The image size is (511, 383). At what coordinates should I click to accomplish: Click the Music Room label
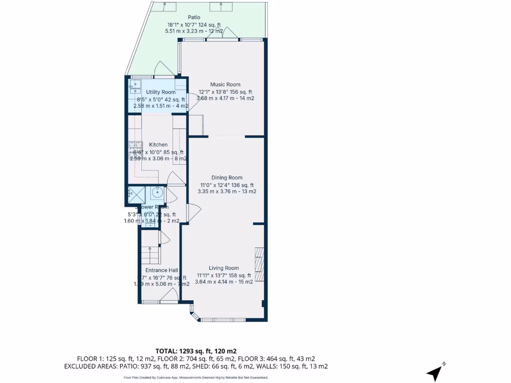225,84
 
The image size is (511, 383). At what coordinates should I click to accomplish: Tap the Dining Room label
227,178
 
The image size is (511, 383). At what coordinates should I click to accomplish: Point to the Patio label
194,17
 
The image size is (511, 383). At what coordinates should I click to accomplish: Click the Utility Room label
161,92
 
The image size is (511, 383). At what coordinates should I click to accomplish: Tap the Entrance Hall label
162,270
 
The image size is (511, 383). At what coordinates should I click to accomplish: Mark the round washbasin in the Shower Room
157,192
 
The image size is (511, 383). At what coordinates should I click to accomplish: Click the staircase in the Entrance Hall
150,255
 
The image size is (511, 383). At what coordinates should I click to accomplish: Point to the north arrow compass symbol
435,372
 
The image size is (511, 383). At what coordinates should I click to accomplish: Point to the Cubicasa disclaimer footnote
196,378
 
